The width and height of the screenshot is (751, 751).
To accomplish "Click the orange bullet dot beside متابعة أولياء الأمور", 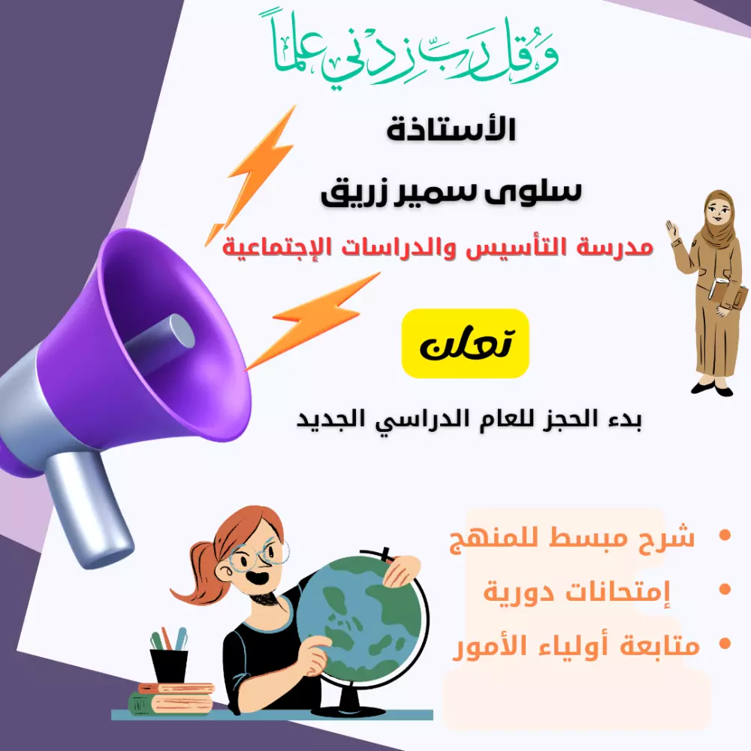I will (x=725, y=644).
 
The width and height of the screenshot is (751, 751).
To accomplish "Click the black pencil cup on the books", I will (x=169, y=665).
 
